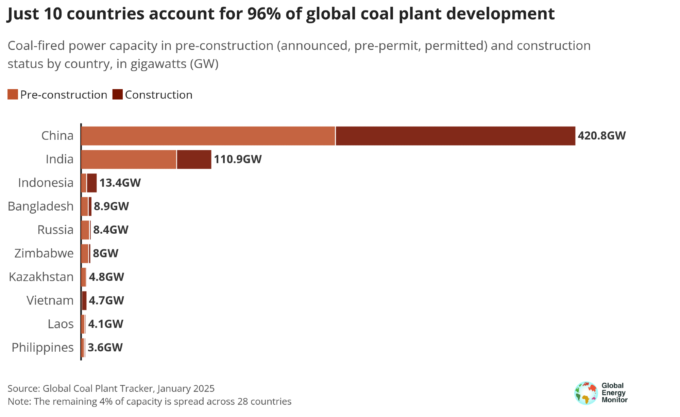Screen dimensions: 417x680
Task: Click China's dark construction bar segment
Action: point(455,136)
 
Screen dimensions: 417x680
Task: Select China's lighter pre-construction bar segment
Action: point(208,136)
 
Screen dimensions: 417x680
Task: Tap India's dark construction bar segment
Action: point(194,160)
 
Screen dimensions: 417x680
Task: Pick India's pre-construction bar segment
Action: point(129,160)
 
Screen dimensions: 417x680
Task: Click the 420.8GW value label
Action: point(602,136)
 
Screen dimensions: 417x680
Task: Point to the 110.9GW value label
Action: point(238,160)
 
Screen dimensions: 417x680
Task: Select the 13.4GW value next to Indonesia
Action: point(120,183)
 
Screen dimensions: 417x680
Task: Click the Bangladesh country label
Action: point(41,206)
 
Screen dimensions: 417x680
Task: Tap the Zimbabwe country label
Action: point(44,253)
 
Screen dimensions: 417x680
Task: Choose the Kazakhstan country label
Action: point(41,277)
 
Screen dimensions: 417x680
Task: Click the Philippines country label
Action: point(43,348)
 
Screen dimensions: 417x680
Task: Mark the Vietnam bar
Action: point(84,301)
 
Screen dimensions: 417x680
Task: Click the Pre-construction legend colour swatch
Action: point(13,95)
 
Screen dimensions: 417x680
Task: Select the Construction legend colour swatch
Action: point(117,95)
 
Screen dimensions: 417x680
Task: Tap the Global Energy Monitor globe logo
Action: point(586,393)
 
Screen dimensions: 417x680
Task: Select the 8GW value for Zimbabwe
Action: point(105,253)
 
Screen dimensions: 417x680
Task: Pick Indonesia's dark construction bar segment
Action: point(92,183)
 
